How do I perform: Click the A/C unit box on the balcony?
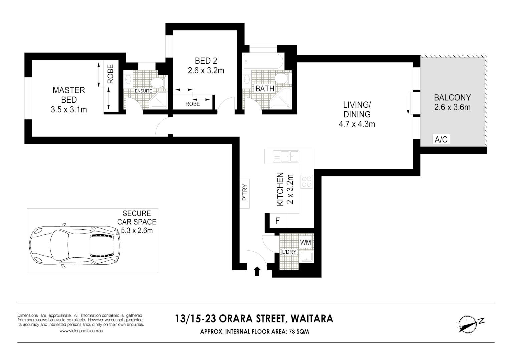(x=441, y=139)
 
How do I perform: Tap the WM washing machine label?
(x=305, y=242)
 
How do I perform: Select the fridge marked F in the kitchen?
(x=277, y=221)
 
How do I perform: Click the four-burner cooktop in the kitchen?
(x=307, y=182)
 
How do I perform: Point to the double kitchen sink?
(x=286, y=156)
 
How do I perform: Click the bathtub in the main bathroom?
(x=263, y=62)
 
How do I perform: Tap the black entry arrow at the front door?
(x=257, y=271)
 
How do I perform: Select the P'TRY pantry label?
(x=245, y=193)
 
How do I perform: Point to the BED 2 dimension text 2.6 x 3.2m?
(x=206, y=71)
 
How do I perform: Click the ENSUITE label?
(x=143, y=91)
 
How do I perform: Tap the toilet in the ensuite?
(x=157, y=82)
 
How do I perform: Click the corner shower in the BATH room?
(x=282, y=100)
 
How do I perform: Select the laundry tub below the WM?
(x=306, y=257)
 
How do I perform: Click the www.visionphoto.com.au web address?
(x=81, y=331)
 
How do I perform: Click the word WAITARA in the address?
(x=312, y=319)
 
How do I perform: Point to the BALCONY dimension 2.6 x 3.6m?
(x=452, y=107)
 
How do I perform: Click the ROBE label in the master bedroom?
(x=110, y=74)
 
